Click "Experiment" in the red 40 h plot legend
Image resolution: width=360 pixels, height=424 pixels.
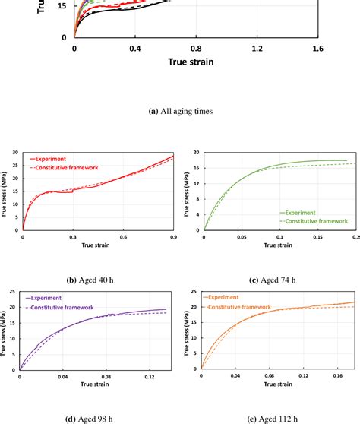click(55, 160)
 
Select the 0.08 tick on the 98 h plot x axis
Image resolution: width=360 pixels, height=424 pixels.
click(111, 375)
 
